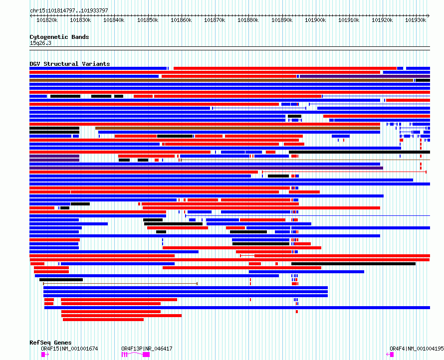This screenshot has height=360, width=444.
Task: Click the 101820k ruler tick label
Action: pos(47,20)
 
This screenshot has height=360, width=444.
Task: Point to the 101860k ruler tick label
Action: pos(181,20)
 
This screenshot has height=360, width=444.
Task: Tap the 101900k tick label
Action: pos(315,20)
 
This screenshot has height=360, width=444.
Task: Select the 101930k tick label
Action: pos(416,20)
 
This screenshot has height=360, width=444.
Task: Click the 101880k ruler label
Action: pos(248,20)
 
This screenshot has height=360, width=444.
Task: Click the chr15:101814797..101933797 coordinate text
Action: pos(69,10)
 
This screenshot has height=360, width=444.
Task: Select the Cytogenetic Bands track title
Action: pos(59,37)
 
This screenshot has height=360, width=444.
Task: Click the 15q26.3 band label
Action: pos(40,43)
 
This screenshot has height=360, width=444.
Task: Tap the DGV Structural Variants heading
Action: pos(69,64)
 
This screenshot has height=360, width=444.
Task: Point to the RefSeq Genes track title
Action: pos(50,343)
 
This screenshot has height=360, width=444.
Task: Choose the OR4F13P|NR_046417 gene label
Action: pos(147,349)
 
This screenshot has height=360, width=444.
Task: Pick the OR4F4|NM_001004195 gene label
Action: pos(417,349)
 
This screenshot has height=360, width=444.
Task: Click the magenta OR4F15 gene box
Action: pos(43,354)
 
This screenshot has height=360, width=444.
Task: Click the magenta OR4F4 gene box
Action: pos(392,354)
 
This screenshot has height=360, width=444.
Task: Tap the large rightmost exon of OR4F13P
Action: pos(146,354)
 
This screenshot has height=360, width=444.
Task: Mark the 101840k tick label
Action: pos(114,20)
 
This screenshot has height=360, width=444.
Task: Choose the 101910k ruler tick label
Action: pos(349,20)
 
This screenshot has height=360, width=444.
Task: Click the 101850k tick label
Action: pos(148,20)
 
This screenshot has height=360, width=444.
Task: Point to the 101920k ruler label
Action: pos(382,20)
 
